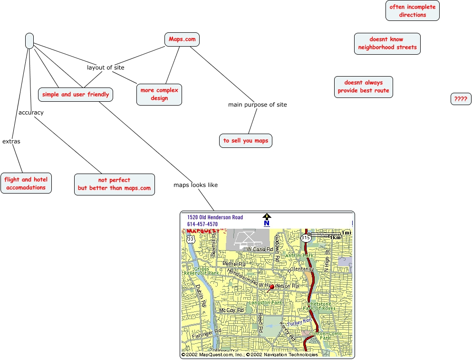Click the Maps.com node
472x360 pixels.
pyautogui.click(x=182, y=39)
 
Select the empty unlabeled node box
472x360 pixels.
pyautogui.click(x=29, y=41)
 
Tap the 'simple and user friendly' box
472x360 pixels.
pyautogui.click(x=76, y=95)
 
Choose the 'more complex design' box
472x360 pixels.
pyautogui.click(x=159, y=95)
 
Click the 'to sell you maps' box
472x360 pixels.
pyautogui.click(x=246, y=141)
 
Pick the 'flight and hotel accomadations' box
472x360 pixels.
pyautogui.click(x=26, y=184)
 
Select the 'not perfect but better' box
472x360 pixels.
pyautogui.click(x=114, y=184)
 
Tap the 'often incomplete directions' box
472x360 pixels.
pyautogui.click(x=412, y=11)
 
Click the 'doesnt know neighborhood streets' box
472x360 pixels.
pyautogui.click(x=387, y=44)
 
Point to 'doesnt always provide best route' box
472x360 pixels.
pyautogui.click(x=363, y=87)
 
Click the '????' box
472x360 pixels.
pyautogui.click(x=461, y=99)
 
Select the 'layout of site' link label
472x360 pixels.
pyautogui.click(x=106, y=68)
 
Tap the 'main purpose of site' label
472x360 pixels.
pyautogui.click(x=257, y=105)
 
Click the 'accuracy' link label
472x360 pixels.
pyautogui.click(x=31, y=113)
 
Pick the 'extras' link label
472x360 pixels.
pyautogui.click(x=11, y=141)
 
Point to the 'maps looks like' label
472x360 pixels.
pyautogui.click(x=195, y=185)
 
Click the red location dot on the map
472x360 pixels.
pyautogui.click(x=272, y=287)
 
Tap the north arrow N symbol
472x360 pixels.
pyautogui.click(x=267, y=220)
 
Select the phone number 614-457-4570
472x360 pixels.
pyautogui.click(x=202, y=224)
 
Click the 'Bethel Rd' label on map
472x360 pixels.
pyautogui.click(x=234, y=263)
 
